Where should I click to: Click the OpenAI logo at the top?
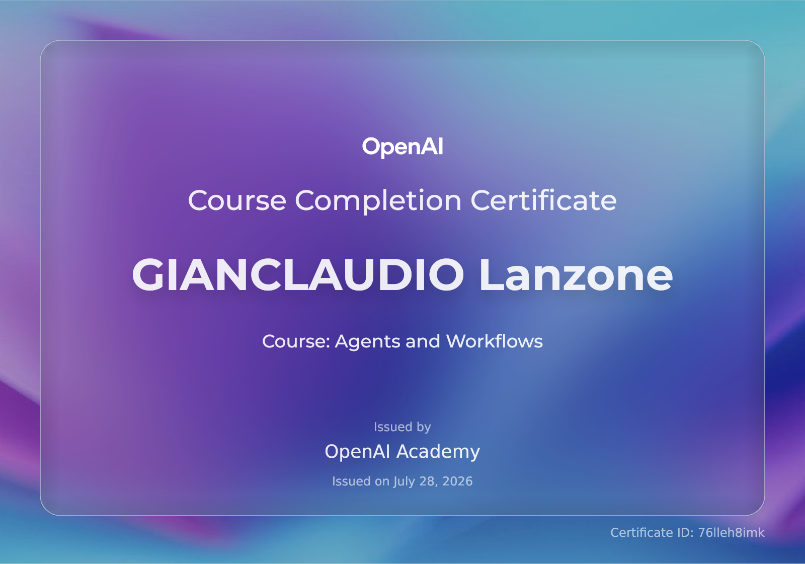[403, 147]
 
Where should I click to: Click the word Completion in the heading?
[378, 201]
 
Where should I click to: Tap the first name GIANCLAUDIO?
[298, 274]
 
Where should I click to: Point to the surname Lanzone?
[576, 274]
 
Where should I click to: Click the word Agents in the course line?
[367, 342]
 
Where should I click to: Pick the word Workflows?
[495, 341]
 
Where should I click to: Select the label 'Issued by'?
[402, 427]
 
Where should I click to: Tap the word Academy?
[438, 452]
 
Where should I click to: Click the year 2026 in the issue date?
[457, 481]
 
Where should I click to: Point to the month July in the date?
[405, 481]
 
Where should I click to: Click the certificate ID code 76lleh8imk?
[731, 532]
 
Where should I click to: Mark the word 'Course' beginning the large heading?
[237, 201]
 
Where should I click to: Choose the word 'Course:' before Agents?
[296, 341]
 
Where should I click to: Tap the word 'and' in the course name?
[423, 341]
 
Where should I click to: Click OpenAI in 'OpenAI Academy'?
[357, 452]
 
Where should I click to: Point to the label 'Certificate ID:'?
[652, 532]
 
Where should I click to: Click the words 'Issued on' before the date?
[361, 481]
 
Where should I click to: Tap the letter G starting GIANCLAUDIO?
[147, 274]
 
